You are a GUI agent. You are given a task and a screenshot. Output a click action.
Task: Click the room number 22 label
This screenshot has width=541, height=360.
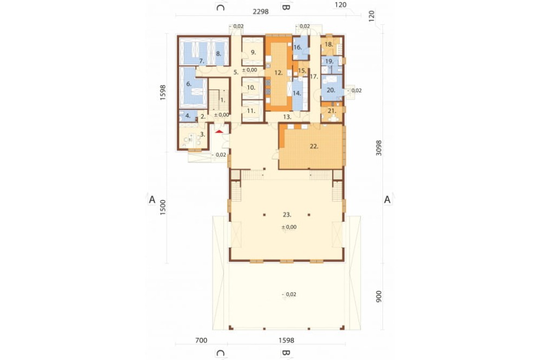point(314,146)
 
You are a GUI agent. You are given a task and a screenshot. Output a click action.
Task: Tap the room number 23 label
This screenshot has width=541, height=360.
point(287,215)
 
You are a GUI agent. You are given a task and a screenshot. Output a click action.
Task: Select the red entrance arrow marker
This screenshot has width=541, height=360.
point(219,131)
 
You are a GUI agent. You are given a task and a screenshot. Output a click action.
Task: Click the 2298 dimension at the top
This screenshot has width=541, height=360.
point(261,11)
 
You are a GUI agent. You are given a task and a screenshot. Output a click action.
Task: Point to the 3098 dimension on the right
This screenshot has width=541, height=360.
point(379,148)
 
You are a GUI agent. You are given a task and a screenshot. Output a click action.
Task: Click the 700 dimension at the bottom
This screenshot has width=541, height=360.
point(201,341)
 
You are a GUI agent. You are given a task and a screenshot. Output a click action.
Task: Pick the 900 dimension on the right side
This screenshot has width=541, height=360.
point(379,297)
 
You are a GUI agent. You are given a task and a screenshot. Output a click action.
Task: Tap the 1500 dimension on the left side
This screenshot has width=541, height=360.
point(163,207)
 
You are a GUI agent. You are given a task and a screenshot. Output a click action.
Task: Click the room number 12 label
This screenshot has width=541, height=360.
point(279,73)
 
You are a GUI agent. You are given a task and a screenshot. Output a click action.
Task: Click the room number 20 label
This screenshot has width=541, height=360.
point(331,90)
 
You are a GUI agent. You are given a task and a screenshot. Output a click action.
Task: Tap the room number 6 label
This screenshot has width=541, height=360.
point(189,84)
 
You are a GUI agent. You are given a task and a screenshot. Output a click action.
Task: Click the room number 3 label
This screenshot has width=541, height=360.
point(203,135)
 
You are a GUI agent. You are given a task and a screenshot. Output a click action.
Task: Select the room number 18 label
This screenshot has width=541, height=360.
point(328,44)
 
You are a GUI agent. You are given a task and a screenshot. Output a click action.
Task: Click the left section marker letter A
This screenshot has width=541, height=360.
point(152,199)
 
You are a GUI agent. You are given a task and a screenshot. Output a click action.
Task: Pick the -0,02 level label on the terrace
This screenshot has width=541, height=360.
point(289,294)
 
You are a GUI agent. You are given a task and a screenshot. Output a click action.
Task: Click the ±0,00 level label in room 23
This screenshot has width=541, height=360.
point(289,227)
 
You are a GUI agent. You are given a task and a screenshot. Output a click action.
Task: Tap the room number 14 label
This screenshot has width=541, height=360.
point(296,93)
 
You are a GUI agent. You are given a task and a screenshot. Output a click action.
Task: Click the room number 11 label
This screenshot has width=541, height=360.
point(251,111)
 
